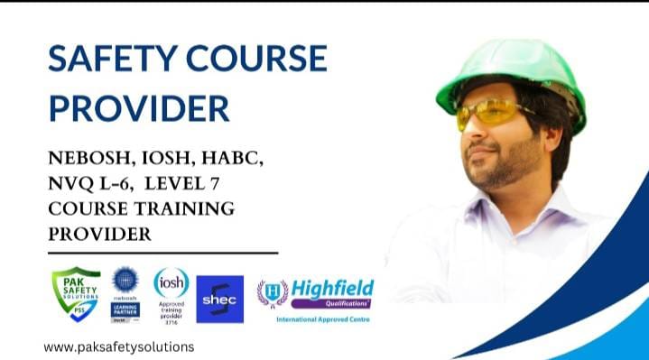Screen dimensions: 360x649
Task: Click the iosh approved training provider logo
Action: (171, 295)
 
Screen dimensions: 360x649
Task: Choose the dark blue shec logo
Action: (219, 300)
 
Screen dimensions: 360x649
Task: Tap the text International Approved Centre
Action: (322, 319)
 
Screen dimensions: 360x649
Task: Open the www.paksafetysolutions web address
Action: (118, 346)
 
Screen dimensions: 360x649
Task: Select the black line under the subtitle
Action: (162, 254)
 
